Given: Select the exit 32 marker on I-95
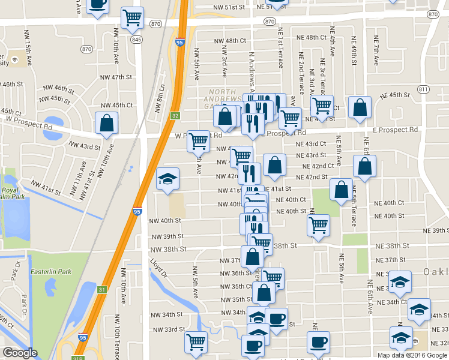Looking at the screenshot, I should coord(174,115).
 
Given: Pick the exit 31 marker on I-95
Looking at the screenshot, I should coord(102,289).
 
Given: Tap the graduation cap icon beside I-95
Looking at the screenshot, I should coord(168,178).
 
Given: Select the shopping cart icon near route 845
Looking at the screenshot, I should coord(132,17).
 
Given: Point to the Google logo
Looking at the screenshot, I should coord(20,353).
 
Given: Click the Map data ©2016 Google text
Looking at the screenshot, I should coord(412,355).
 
